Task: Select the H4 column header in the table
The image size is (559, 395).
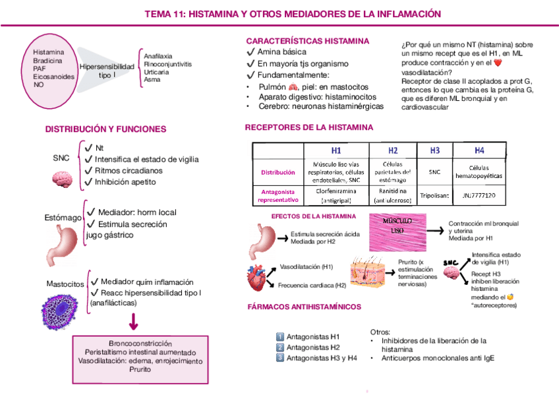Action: [479, 150]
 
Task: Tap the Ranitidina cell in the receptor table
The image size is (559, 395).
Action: [393, 192]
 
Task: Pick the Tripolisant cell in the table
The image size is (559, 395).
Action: [434, 196]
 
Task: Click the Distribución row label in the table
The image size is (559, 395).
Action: [278, 172]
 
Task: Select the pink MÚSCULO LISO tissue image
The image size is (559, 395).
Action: [397, 231]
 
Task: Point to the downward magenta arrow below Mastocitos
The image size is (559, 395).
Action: [134, 322]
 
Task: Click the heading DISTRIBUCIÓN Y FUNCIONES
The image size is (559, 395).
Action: [105, 129]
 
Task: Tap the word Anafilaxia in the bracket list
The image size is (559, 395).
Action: [158, 56]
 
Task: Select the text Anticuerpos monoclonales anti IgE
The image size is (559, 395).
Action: [437, 359]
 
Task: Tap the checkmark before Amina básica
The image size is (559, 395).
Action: [250, 52]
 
